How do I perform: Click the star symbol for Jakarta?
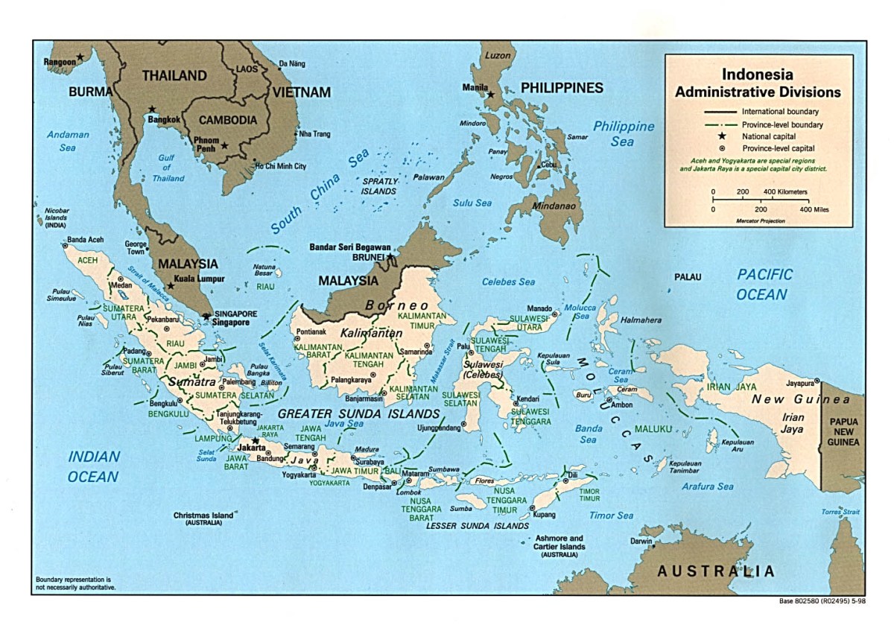[255, 441]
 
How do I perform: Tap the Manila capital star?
[490, 95]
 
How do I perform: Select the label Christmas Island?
[204, 515]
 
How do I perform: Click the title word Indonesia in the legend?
[757, 75]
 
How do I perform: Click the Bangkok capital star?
[152, 109]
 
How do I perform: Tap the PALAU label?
[688, 277]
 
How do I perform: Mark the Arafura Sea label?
[707, 486]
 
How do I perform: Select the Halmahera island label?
[641, 320]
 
